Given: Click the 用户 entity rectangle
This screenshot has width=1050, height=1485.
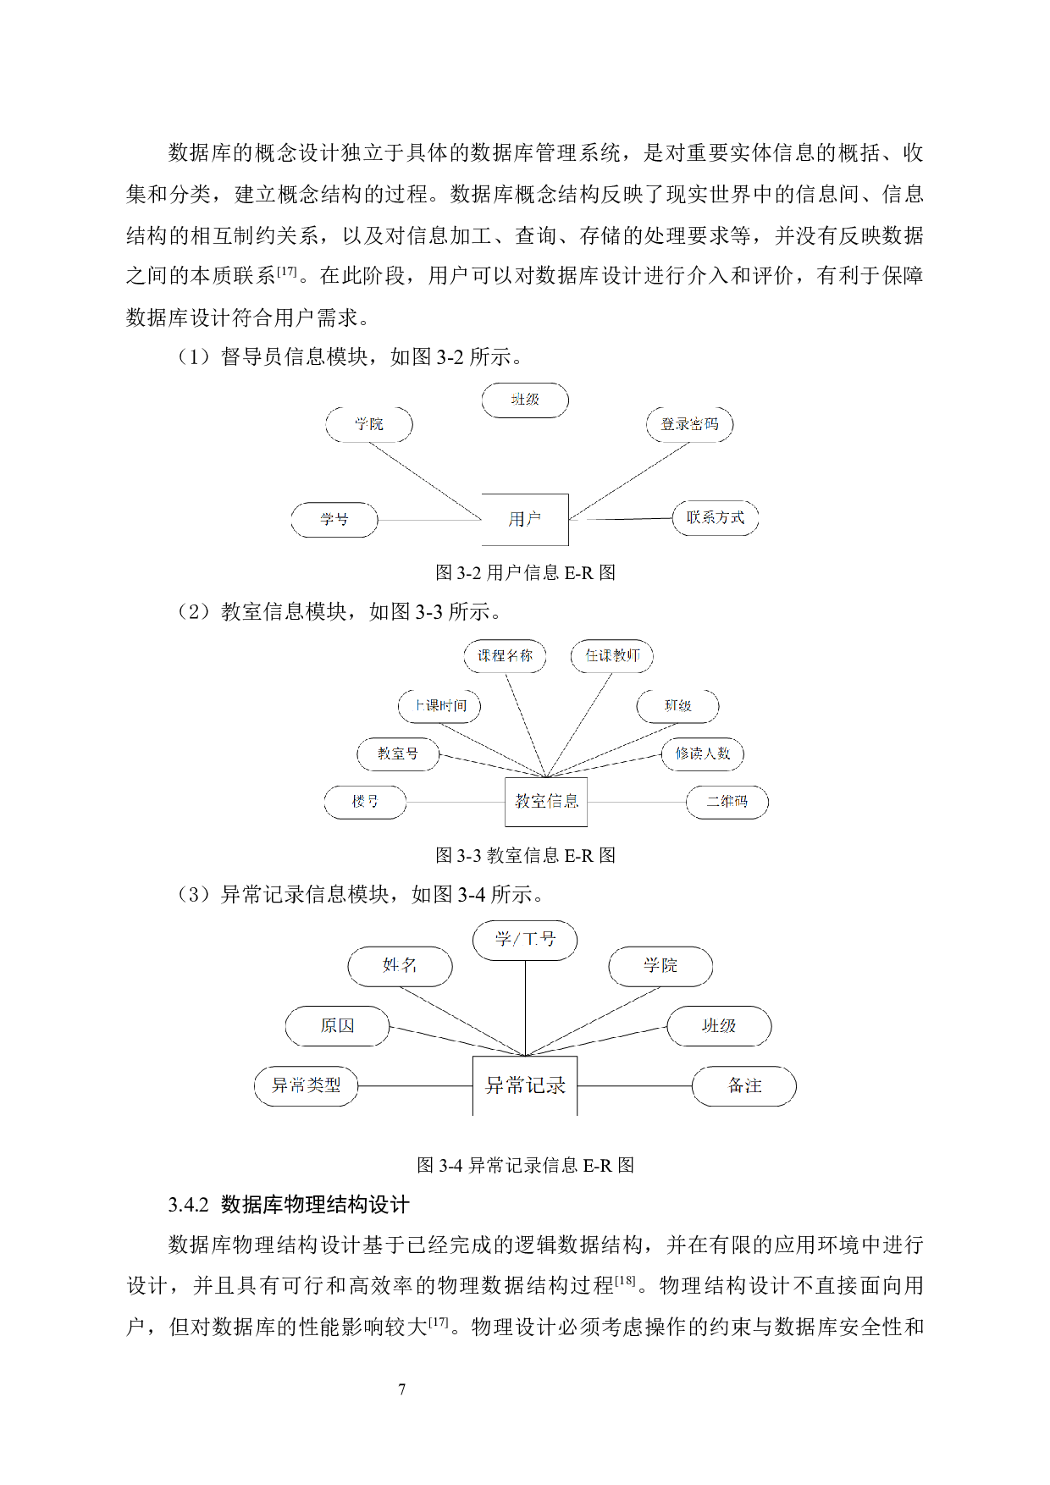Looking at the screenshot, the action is click(525, 519).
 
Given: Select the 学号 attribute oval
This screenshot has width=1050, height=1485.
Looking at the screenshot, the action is click(334, 519).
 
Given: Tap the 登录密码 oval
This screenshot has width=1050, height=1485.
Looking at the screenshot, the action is click(690, 424).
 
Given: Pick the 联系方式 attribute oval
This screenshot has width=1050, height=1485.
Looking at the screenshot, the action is click(716, 518).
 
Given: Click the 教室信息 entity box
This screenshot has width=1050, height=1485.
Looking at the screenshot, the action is click(546, 801).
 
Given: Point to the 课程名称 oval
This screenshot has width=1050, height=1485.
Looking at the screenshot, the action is click(505, 656).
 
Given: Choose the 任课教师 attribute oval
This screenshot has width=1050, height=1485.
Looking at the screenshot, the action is click(612, 656).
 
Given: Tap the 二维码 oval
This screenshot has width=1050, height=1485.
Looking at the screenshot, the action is click(727, 802).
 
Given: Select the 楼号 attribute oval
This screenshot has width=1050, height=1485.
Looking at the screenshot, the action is click(365, 802).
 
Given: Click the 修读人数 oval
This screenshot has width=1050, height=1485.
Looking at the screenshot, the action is click(703, 754).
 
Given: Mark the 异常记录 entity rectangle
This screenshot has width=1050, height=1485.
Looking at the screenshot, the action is click(525, 1085).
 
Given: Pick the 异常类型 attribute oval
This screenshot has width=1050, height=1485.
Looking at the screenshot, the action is click(307, 1086).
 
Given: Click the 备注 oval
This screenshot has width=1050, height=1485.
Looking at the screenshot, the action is click(744, 1086).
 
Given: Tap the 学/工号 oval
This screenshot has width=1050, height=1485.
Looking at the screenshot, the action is click(525, 941).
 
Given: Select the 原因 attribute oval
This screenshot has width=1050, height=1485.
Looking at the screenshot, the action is click(338, 1026).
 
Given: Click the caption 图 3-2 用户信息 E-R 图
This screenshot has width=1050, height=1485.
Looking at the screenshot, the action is click(525, 573).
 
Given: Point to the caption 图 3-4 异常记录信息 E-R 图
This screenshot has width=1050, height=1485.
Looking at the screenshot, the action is click(525, 1166).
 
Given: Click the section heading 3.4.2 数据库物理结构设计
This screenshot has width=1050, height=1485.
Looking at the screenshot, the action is click(289, 1205).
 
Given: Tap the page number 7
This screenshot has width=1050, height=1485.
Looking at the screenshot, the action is click(402, 1389).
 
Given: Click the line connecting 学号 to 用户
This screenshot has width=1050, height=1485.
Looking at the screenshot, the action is click(430, 520).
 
